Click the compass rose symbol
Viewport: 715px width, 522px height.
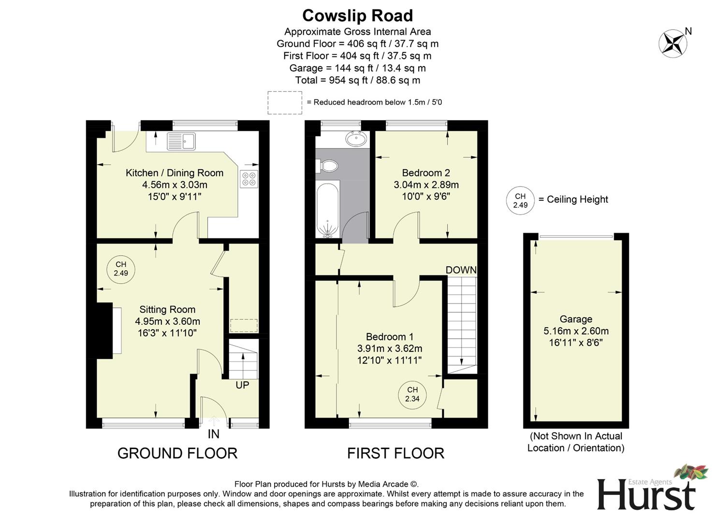click(672, 43)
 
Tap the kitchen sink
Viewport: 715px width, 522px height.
click(181, 141)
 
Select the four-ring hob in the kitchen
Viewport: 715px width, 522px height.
click(249, 179)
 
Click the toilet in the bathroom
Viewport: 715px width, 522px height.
click(328, 166)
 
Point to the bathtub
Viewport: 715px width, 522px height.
click(328, 210)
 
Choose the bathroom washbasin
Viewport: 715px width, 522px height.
click(356, 139)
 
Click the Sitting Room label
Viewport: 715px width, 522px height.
click(167, 309)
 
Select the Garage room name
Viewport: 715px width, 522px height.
click(576, 319)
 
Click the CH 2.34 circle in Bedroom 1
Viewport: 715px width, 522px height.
click(412, 394)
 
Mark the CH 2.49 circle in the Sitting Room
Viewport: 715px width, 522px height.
click(120, 269)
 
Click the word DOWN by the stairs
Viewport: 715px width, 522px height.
click(461, 270)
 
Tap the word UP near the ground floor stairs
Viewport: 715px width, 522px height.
click(242, 385)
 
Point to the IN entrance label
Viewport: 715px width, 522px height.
click(213, 434)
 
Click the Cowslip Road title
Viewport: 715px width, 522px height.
click(357, 15)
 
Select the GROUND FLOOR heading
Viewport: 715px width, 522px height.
click(177, 453)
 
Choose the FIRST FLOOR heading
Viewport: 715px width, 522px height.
click(395, 453)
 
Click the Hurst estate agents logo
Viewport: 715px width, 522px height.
click(646, 491)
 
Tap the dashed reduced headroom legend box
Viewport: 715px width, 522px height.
click(285, 102)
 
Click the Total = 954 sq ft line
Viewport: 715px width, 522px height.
click(357, 80)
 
